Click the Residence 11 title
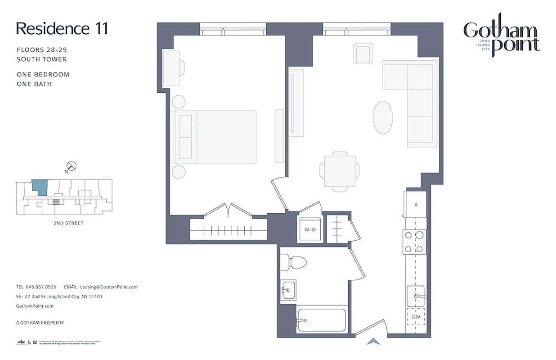(x=62, y=29)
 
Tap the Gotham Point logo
(x=502, y=38)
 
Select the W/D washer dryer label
(x=310, y=229)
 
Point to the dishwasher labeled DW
(x=416, y=317)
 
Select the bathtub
(x=321, y=320)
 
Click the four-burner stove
(x=414, y=241)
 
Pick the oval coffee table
(x=382, y=117)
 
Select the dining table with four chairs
(x=340, y=171)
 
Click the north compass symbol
(x=71, y=166)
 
